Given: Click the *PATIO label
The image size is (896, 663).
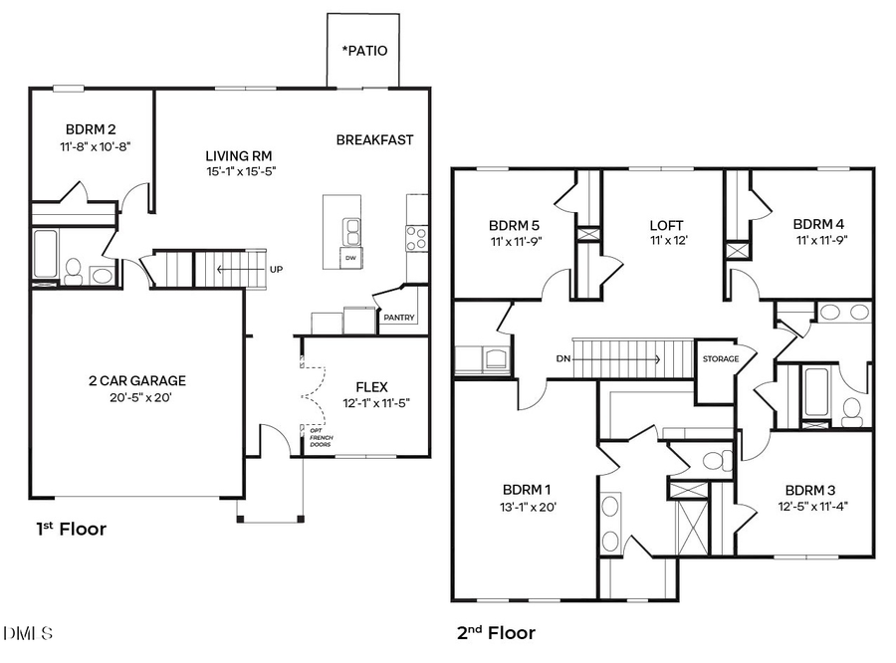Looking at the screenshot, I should tap(364, 51).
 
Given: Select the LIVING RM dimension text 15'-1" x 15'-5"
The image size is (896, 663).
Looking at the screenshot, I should tap(239, 171).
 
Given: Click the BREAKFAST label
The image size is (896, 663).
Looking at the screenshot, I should tap(374, 140).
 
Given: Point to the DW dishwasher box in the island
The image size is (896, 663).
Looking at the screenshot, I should tap(349, 258).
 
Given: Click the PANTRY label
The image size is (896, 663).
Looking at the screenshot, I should tap(399, 319).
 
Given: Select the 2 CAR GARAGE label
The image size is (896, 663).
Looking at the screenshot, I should tap(136, 380).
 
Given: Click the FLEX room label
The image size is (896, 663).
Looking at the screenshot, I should tap(371, 386).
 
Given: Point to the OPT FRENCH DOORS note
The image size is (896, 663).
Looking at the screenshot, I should tap(320, 437).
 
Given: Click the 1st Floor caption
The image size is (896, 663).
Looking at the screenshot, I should tap(70, 529).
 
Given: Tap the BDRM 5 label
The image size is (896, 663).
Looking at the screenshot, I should tap(514, 224).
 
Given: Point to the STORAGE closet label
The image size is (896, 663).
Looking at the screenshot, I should tap(721, 359).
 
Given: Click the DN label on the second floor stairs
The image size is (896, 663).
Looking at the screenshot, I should tap(563, 358).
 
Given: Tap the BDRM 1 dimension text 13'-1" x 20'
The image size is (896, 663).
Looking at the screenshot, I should tap(529, 506).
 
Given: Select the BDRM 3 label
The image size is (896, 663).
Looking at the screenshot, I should tap(811, 490).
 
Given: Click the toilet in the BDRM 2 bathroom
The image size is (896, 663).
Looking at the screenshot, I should tap(73, 268).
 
